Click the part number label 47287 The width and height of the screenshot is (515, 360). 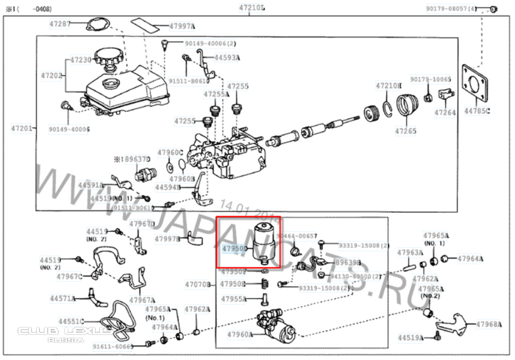click(60, 24)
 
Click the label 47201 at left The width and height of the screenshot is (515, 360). click(20, 128)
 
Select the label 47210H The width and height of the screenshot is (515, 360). click(388, 85)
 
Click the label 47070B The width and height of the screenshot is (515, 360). click(197, 283)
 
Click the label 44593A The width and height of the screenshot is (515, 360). click(227, 57)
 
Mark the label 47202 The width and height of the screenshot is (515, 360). click(52, 75)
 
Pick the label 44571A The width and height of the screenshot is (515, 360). click(63, 299)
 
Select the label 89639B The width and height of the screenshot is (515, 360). click(347, 262)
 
